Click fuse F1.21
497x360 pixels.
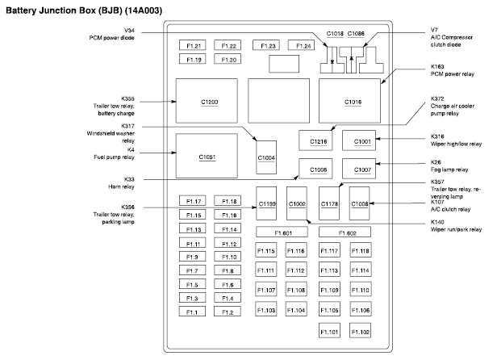194,46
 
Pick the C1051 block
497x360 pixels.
207,157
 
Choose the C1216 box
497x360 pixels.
319,141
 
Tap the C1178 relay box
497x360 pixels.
328,205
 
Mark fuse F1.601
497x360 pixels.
282,232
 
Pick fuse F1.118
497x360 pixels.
360,251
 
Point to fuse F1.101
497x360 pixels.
329,332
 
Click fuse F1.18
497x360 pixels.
228,201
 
